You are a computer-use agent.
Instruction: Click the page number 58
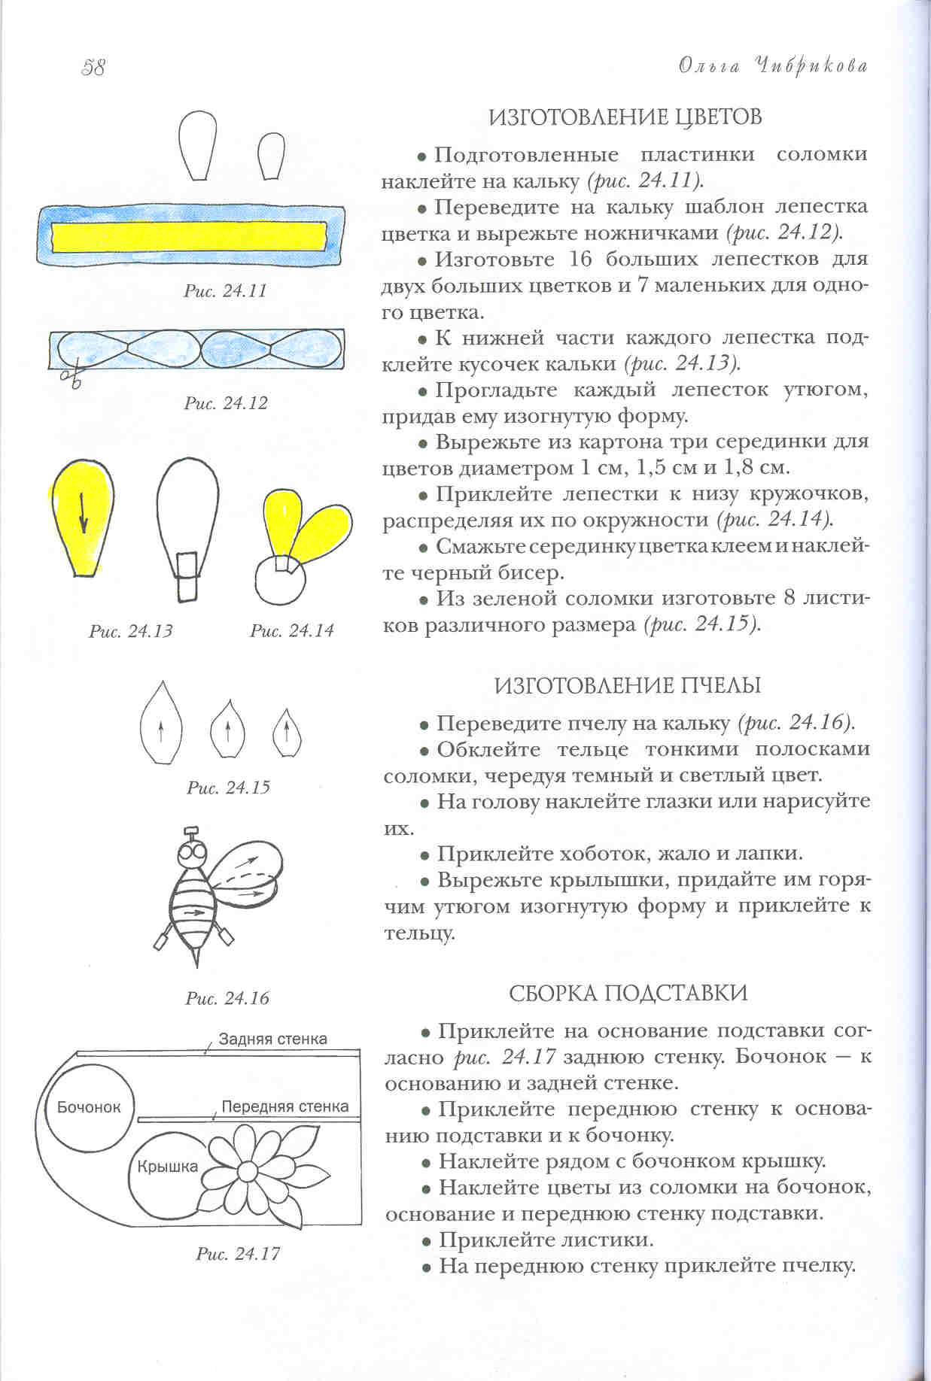point(93,68)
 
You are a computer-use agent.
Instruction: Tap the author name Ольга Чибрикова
point(773,66)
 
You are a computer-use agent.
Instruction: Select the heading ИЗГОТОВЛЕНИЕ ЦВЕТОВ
point(625,117)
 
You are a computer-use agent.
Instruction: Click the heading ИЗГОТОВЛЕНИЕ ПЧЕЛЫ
point(628,685)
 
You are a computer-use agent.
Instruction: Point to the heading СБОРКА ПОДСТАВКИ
point(628,993)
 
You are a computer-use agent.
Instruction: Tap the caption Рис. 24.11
point(225,291)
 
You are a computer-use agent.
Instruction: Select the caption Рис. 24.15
point(228,788)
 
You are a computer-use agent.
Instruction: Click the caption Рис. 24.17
point(238,1254)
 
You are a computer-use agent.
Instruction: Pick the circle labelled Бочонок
point(89,1106)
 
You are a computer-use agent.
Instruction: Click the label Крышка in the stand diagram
point(167,1167)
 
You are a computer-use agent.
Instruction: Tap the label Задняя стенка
point(272,1039)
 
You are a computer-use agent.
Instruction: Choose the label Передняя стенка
point(284,1106)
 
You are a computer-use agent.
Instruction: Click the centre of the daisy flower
point(249,1171)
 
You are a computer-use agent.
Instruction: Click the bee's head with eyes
point(193,853)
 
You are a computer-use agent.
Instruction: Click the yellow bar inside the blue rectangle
point(188,236)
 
